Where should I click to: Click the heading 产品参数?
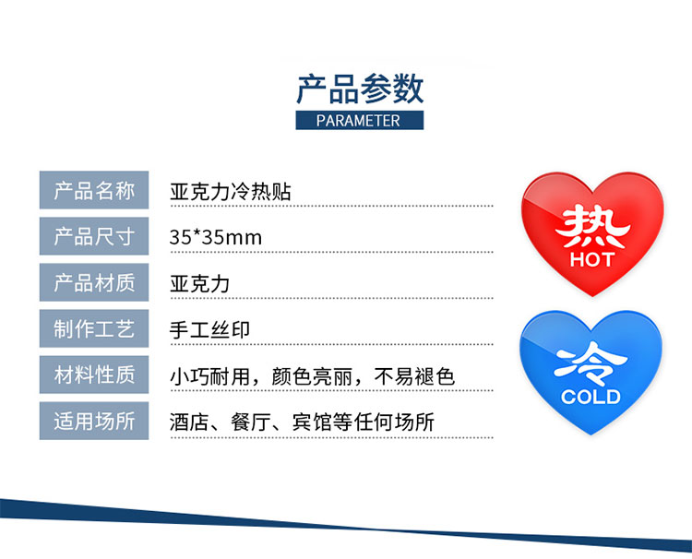360,89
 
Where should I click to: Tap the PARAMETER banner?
359,121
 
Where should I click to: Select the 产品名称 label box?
94,190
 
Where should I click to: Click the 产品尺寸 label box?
94,236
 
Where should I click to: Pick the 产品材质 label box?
94,282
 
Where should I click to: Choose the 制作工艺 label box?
94,328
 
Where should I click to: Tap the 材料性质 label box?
94,375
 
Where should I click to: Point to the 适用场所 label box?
94,421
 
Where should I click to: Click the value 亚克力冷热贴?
231,192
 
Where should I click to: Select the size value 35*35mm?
216,237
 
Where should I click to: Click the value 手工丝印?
209,330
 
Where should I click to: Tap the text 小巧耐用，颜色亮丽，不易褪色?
312,376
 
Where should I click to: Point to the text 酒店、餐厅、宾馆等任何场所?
302,422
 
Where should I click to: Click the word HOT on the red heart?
592,259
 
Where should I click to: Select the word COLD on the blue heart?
591,397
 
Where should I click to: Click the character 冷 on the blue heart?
591,364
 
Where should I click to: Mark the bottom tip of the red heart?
592,296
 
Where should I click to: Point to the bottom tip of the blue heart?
591,434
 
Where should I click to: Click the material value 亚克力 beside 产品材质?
200,284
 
